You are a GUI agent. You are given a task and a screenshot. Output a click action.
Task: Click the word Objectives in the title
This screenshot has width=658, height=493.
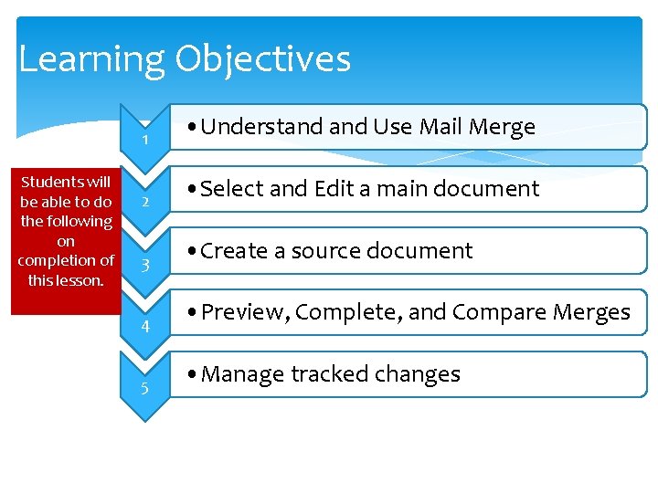[x=263, y=60]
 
